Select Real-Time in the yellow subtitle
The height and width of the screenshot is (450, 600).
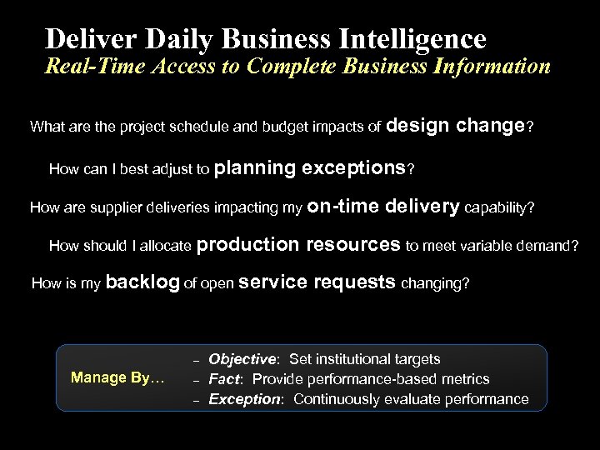coord(90,67)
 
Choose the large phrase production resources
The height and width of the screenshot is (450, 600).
coord(300,244)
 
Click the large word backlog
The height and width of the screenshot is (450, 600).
coord(142,282)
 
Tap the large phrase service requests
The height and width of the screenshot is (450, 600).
coord(317,282)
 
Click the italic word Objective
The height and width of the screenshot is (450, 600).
coord(242,359)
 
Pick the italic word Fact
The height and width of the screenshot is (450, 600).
coord(222,379)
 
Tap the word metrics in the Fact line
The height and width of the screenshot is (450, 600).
coord(467,379)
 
